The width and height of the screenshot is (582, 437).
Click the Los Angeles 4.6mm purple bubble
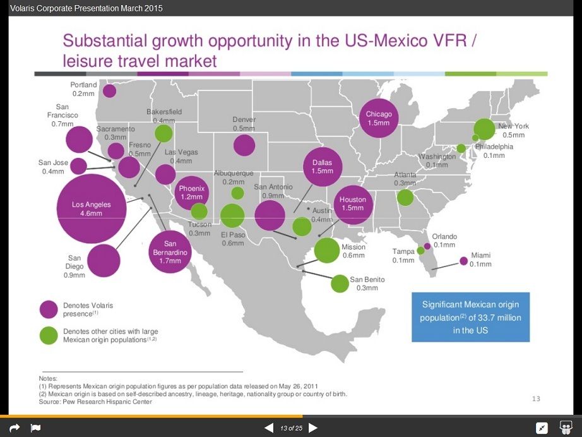tap(92, 208)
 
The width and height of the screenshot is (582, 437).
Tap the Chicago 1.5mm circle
tap(379, 118)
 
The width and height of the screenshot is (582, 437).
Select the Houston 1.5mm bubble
tap(352, 203)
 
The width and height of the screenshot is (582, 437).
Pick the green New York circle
tap(484, 129)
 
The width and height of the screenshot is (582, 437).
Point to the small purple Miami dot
tap(463, 260)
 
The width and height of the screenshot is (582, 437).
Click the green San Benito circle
tap(340, 284)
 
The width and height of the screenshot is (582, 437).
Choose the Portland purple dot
tap(109, 91)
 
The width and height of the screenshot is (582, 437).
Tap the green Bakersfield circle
tap(163, 134)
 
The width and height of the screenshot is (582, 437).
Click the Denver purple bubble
tap(244, 145)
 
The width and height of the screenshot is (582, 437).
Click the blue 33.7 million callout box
tap(470, 317)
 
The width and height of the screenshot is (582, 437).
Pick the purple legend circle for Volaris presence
tap(49, 309)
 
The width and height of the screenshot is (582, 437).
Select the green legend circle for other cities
tap(49, 335)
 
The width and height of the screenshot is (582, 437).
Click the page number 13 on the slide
tap(536, 398)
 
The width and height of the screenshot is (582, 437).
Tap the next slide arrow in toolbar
tap(312, 428)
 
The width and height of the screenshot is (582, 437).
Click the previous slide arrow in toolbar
tap(269, 428)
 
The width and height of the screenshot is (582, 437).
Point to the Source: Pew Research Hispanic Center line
tap(95, 402)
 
